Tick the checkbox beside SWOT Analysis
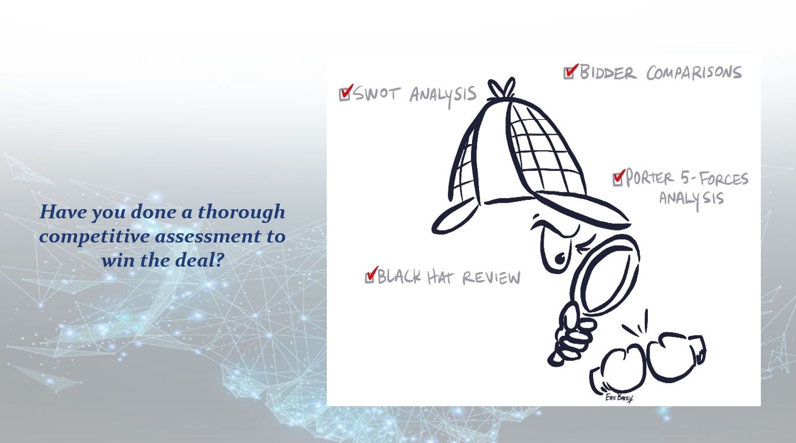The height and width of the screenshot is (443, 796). click(x=345, y=94)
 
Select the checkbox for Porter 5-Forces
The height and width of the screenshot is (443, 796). click(x=618, y=179)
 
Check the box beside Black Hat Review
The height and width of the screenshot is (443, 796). click(x=370, y=277)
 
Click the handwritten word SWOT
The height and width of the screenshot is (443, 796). click(x=378, y=93)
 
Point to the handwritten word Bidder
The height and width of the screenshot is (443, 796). click(x=608, y=72)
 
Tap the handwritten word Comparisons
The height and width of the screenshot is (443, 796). click(x=693, y=73)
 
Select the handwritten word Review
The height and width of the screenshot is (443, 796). click(x=492, y=278)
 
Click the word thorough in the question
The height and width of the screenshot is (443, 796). click(x=242, y=212)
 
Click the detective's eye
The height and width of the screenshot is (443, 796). click(x=559, y=259)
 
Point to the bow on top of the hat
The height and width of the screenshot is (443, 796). click(x=501, y=88)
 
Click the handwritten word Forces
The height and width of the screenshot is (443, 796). click(x=723, y=179)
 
